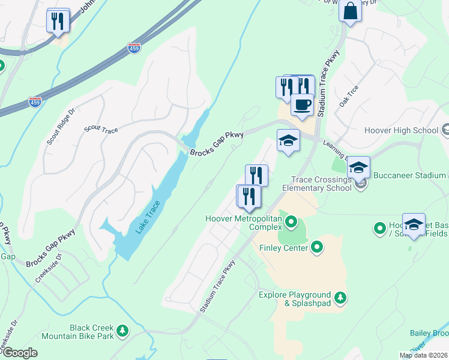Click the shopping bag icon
pos(349,11)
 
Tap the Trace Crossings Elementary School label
pos(321,184)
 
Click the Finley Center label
pos(283,247)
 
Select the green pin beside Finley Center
pos(317,247)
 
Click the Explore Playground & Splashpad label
pos(295,299)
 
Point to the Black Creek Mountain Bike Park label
pos(92,332)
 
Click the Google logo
pos(19,353)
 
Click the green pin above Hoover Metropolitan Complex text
pos(291,223)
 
